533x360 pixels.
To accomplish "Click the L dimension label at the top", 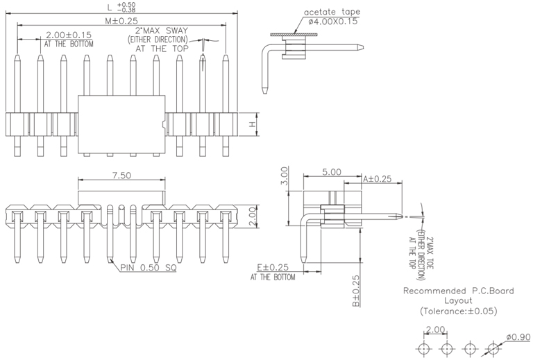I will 110,8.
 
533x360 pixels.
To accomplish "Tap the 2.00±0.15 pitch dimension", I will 69,35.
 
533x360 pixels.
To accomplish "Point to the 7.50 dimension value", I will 121,175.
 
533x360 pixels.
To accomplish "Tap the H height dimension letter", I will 253,125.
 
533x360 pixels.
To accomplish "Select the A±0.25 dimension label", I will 378,178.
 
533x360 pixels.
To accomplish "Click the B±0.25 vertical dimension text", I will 354,291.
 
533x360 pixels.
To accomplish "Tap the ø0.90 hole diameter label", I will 518,336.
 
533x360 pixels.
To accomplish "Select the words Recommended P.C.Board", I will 459,291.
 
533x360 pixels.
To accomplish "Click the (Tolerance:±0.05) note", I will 459,311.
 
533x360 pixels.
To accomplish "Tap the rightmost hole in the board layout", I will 493,347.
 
